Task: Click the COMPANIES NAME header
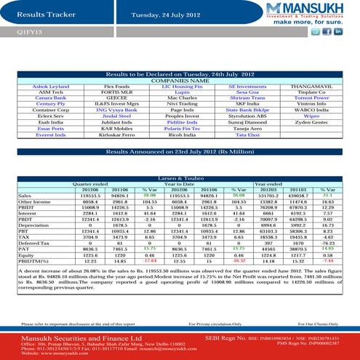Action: coord(180,80)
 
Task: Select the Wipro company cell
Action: coord(312,115)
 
